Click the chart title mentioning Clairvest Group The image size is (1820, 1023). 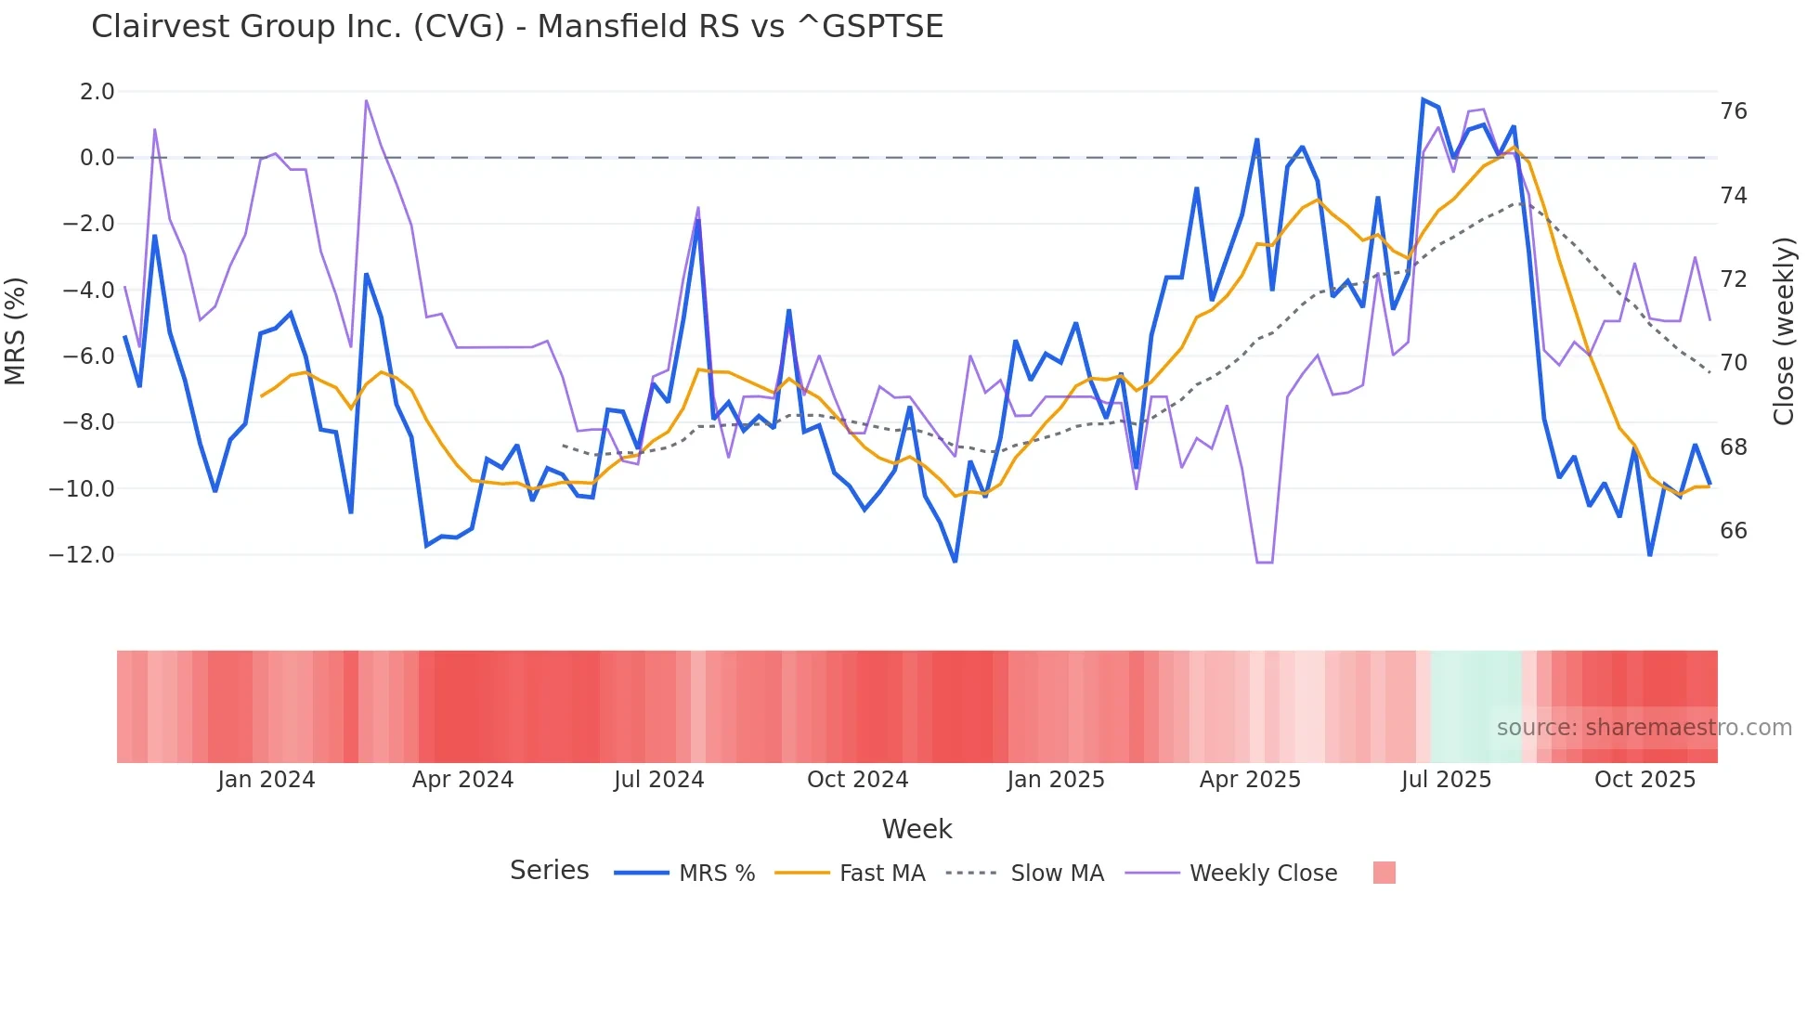pyautogui.click(x=517, y=27)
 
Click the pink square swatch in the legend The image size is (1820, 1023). pyautogui.click(x=1384, y=873)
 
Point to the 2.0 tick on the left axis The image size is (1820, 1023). pyautogui.click(x=97, y=92)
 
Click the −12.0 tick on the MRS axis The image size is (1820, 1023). pyautogui.click(x=83, y=555)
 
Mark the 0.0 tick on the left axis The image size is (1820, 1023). pyautogui.click(x=97, y=158)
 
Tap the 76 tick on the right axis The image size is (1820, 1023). pyautogui.click(x=1733, y=111)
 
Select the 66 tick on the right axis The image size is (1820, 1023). pyautogui.click(x=1733, y=531)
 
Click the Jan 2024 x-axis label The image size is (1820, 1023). pyautogui.click(x=266, y=780)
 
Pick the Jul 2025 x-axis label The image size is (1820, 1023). pyautogui.click(x=1446, y=780)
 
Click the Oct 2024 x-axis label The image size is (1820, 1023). pyautogui.click(x=857, y=780)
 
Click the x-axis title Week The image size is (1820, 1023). pyautogui.click(x=916, y=829)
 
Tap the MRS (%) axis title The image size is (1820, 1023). pyautogui.click(x=16, y=330)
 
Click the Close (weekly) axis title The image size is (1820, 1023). pyautogui.click(x=1783, y=331)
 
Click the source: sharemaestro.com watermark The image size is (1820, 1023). pyautogui.click(x=1644, y=728)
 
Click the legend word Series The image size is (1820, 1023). pyautogui.click(x=549, y=871)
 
